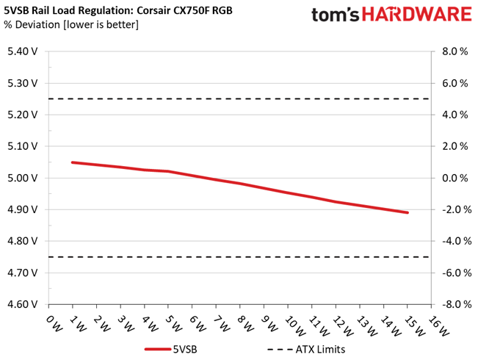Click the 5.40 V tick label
coord(23,51)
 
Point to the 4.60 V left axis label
coord(23,304)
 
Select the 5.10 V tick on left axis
coord(23,146)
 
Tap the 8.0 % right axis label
coord(455,51)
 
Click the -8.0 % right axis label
coord(457,304)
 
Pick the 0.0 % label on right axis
coord(455,178)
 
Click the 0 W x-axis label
coord(54,324)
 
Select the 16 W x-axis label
coord(438,325)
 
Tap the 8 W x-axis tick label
coord(245,324)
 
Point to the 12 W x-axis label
coord(343,325)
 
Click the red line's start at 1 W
coord(73,162)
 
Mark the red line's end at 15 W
coord(408,212)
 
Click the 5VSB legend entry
coord(171,349)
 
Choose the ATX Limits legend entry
coord(306,349)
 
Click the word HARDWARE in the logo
coord(417,15)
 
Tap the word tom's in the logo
coord(336,15)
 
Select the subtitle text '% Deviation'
coord(32,24)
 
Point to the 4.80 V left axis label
coord(23,241)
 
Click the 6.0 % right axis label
coord(455,83)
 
